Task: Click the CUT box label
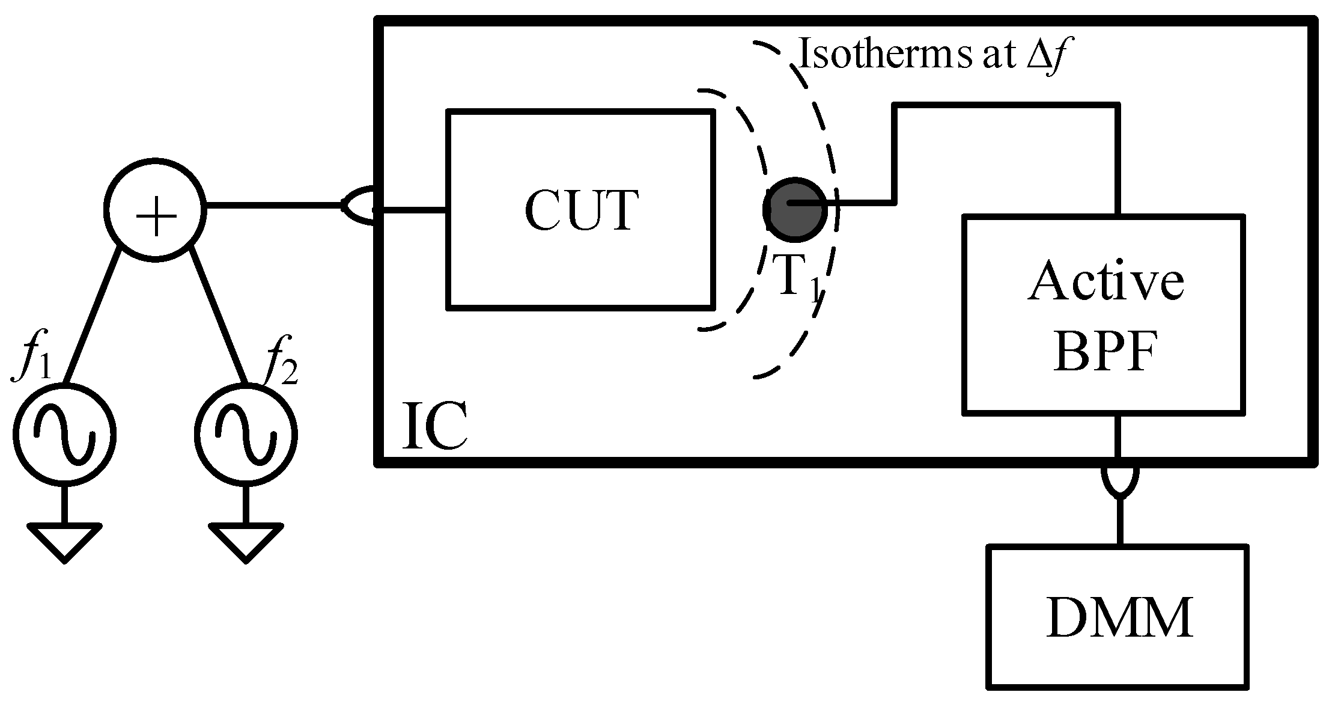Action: pos(581,210)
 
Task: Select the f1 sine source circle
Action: pos(64,434)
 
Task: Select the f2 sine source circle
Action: pos(246,434)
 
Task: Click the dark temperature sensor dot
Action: pos(794,209)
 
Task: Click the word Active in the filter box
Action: pos(1105,281)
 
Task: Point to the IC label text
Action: pos(434,426)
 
